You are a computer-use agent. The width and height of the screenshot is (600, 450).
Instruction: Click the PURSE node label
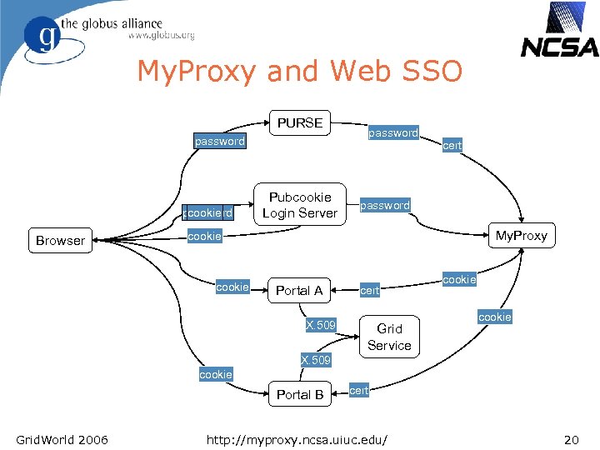pyautogui.click(x=300, y=122)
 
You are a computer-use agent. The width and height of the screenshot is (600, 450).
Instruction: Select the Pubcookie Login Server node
pyautogui.click(x=299, y=205)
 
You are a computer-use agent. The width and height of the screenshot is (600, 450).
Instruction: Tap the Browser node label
pyautogui.click(x=60, y=241)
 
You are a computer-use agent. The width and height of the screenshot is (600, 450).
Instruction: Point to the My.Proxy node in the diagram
pyautogui.click(x=522, y=236)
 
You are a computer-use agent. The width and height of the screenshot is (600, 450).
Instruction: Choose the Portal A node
pyautogui.click(x=298, y=291)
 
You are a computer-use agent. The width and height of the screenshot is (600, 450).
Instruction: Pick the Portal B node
pyautogui.click(x=300, y=394)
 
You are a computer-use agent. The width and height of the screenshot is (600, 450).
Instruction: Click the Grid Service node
pyautogui.click(x=389, y=337)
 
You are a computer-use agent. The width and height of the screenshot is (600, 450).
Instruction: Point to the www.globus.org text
pyautogui.click(x=162, y=36)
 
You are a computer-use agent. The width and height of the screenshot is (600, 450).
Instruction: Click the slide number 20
pyautogui.click(x=571, y=439)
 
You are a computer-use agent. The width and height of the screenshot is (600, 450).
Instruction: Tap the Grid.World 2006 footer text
pyautogui.click(x=62, y=439)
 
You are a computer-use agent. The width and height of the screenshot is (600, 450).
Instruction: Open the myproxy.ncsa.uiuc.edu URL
pyautogui.click(x=302, y=439)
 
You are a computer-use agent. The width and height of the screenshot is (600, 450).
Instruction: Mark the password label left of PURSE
pyautogui.click(x=220, y=142)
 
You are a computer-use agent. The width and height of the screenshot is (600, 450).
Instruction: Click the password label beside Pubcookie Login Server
pyautogui.click(x=385, y=205)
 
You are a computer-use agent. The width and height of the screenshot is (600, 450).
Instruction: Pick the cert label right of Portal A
pyautogui.click(x=370, y=291)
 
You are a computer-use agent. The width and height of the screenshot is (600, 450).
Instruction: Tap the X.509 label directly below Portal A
pyautogui.click(x=321, y=325)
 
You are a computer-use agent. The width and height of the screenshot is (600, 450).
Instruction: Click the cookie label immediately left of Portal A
pyautogui.click(x=232, y=287)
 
